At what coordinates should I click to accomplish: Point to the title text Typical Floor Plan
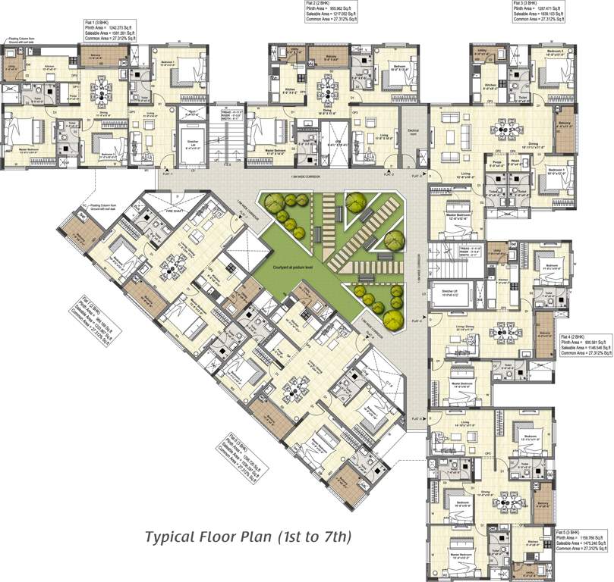pos(248,538)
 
